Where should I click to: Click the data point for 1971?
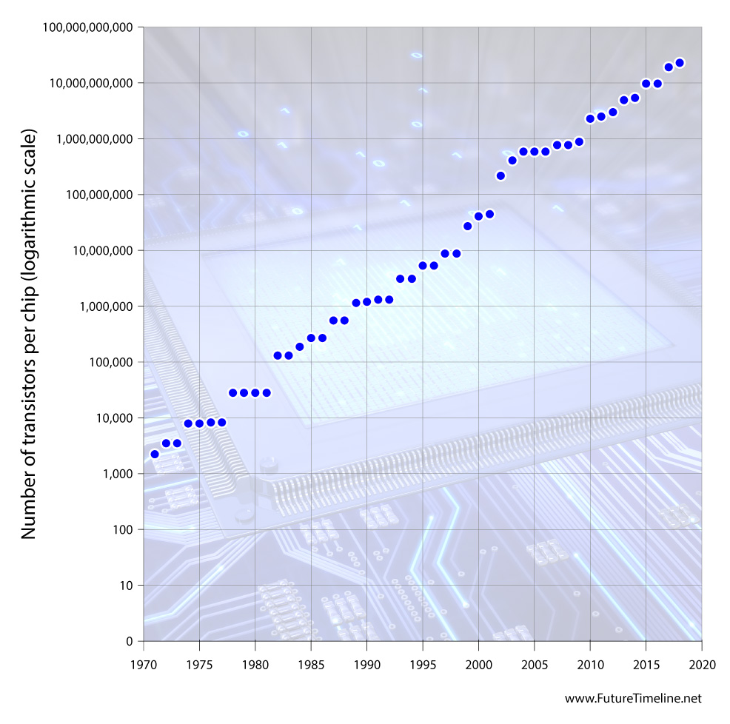click(155, 454)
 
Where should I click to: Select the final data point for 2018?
click(680, 63)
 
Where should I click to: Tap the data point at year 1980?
click(255, 392)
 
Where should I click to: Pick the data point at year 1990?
click(366, 301)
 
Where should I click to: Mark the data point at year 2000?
click(478, 216)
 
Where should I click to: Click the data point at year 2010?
click(590, 118)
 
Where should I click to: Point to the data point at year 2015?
click(646, 84)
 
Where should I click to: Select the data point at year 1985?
click(311, 338)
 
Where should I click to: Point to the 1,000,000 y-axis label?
click(104, 306)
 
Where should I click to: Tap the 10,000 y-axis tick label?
click(111, 418)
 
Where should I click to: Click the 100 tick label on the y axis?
click(122, 530)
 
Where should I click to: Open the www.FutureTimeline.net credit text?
click(632, 698)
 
